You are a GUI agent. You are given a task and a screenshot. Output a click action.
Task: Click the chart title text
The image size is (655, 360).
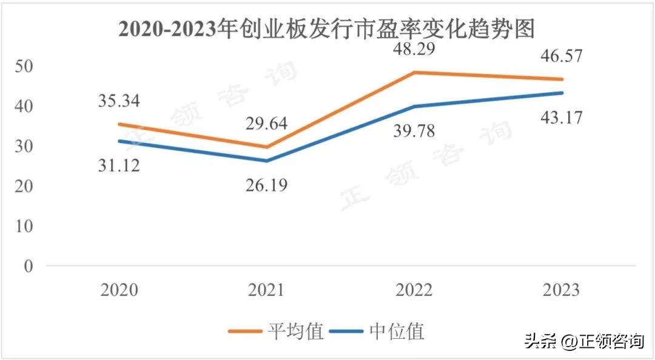328,28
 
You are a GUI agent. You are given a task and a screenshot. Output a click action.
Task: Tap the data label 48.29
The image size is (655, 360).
415,48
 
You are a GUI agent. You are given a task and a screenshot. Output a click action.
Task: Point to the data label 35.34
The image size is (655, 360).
119,101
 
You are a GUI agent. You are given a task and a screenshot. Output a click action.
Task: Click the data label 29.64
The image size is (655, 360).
267,125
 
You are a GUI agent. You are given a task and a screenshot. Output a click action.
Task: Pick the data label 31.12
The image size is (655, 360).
119,164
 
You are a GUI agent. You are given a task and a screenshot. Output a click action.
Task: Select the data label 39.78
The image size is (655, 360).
415,130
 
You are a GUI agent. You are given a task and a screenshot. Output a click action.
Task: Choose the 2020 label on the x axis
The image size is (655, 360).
119,290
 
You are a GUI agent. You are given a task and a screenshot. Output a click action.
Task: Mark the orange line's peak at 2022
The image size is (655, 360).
415,72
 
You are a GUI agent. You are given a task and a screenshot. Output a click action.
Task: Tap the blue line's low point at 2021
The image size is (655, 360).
267,161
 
